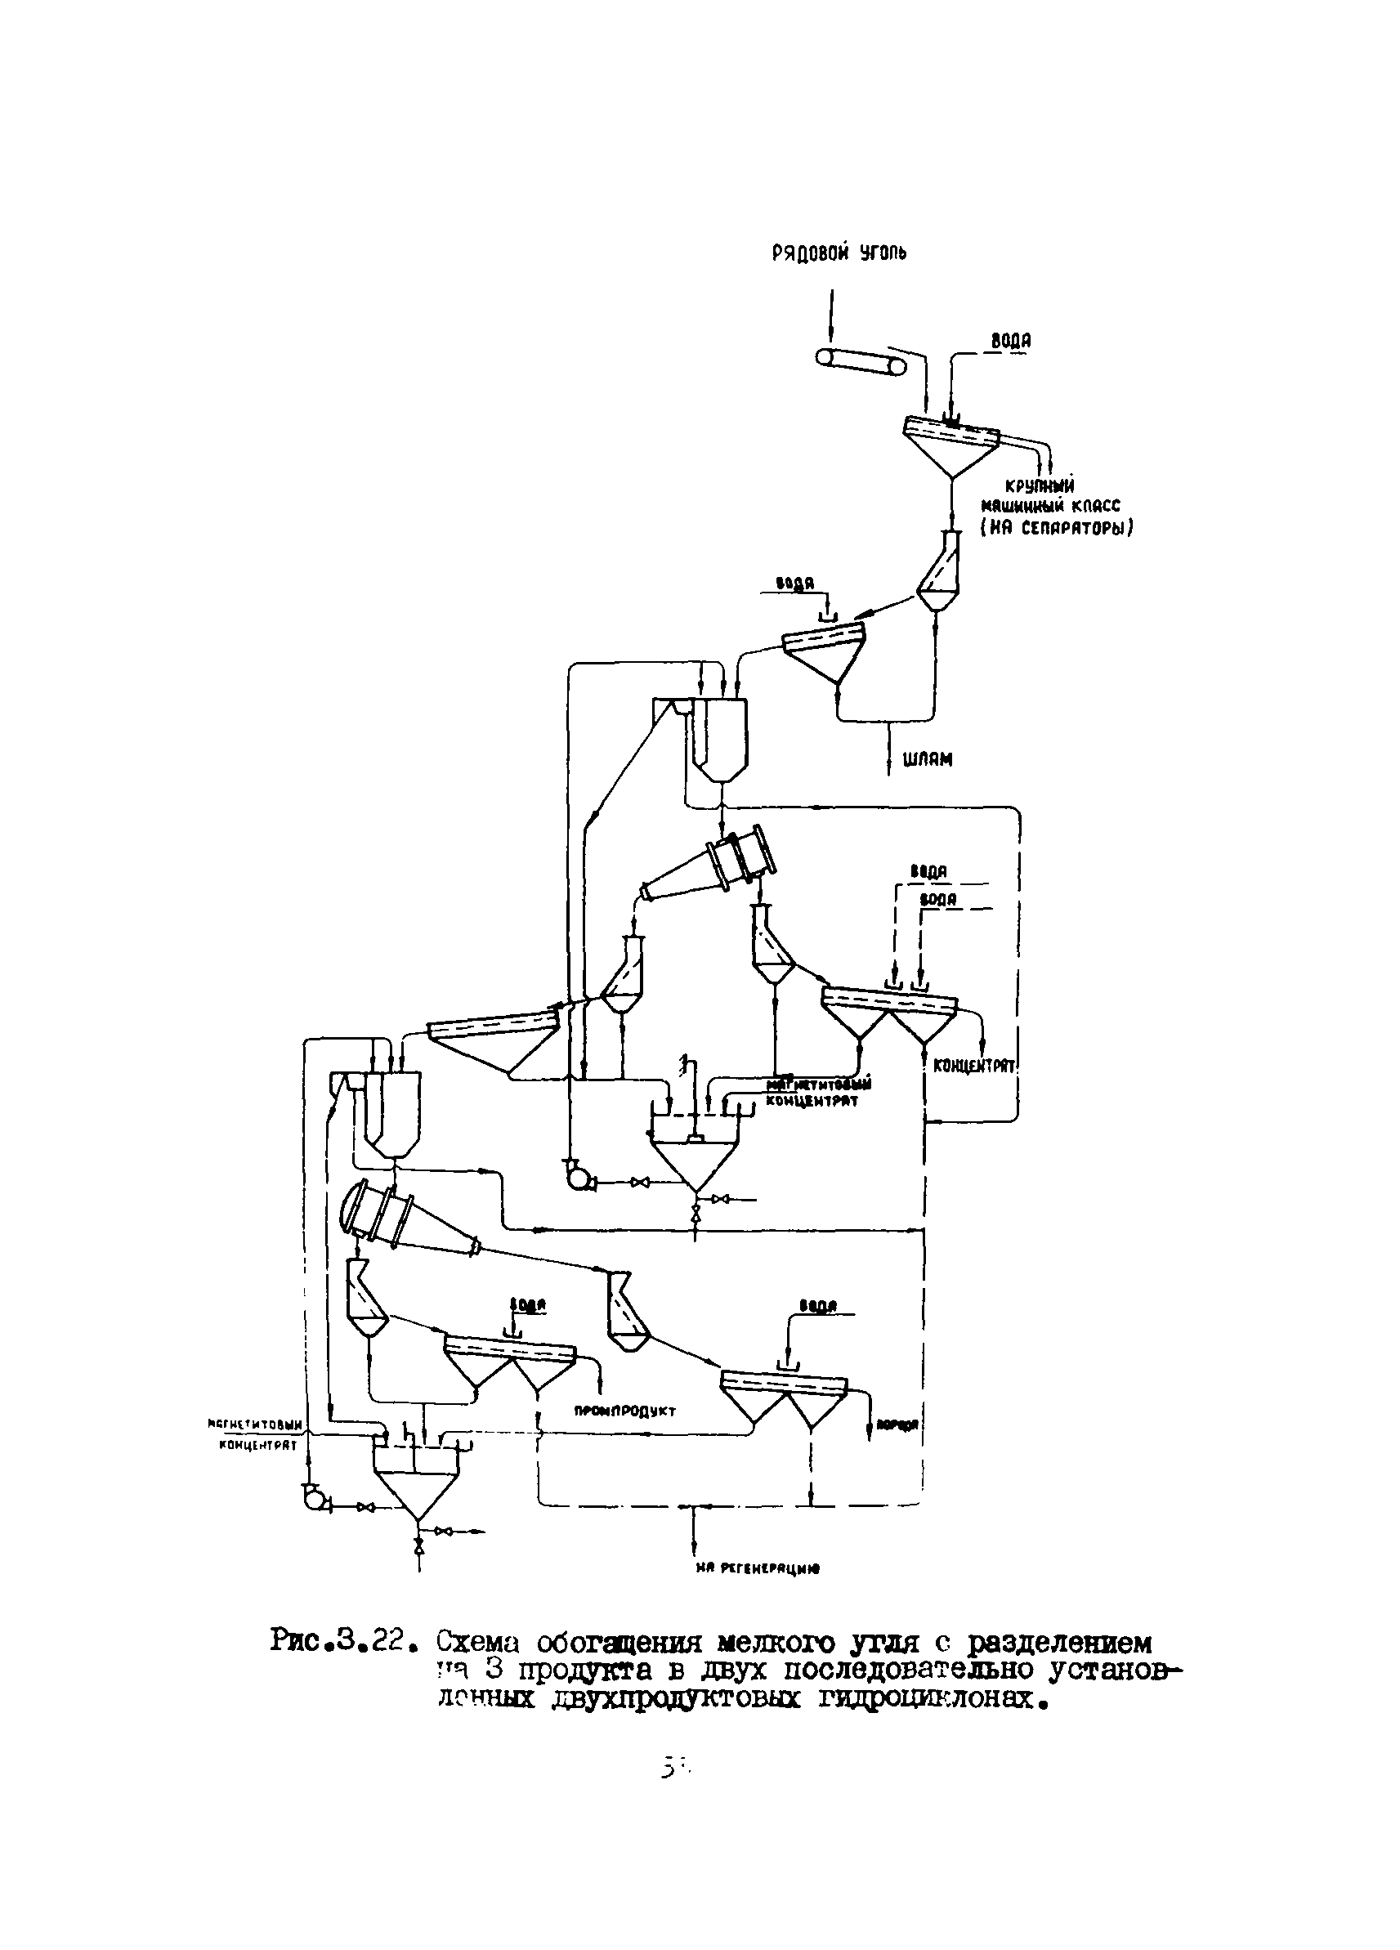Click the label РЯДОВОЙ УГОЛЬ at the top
[x=839, y=253]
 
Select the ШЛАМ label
[x=927, y=759]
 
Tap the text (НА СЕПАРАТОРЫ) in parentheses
[x=1057, y=528]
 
